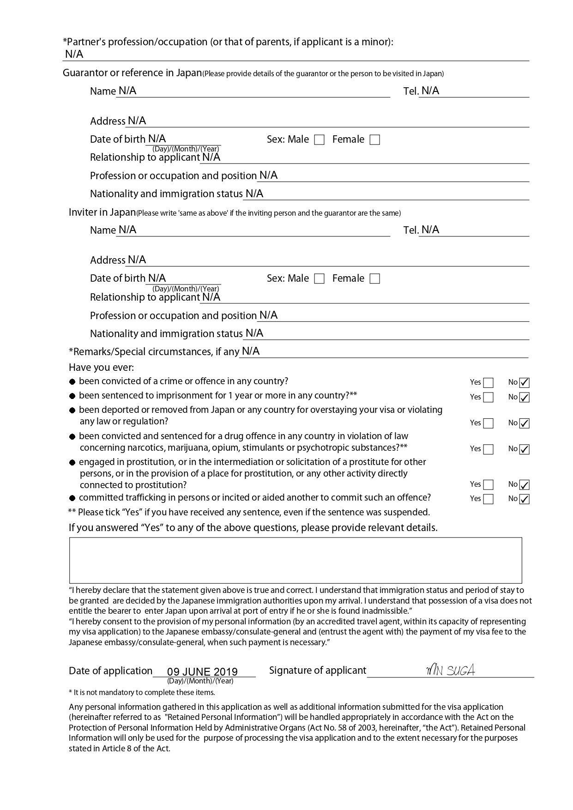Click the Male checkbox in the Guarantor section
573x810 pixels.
pyautogui.click(x=319, y=140)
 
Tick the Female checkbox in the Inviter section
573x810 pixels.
pyautogui.click(x=375, y=279)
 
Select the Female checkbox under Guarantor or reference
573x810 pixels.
pyautogui.click(x=375, y=140)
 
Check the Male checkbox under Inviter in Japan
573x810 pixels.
pyautogui.click(x=319, y=279)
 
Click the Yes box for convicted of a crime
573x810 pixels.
pyautogui.click(x=488, y=383)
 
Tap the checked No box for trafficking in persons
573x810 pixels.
pyautogui.click(x=524, y=499)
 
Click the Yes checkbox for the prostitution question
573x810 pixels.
pyautogui.click(x=488, y=485)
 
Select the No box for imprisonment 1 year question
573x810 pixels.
pyautogui.click(x=524, y=398)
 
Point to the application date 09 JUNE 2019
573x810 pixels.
pyautogui.click(x=202, y=671)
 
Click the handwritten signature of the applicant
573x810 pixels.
pyautogui.click(x=450, y=670)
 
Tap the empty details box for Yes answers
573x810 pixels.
pyautogui.click(x=296, y=560)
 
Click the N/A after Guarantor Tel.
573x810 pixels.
pyautogui.click(x=430, y=91)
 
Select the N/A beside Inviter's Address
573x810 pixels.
pyautogui.click(x=137, y=260)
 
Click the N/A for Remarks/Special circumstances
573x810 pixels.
pyautogui.click(x=251, y=351)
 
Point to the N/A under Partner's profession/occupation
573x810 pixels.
pyautogui.click(x=74, y=54)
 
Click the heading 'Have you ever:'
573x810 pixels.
pyautogui.click(x=101, y=368)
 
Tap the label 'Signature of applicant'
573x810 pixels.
pyautogui.click(x=317, y=671)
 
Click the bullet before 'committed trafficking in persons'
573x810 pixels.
pyautogui.click(x=72, y=499)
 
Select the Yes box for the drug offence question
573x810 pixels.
pyautogui.click(x=488, y=449)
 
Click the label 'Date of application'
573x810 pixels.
pyautogui.click(x=110, y=671)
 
